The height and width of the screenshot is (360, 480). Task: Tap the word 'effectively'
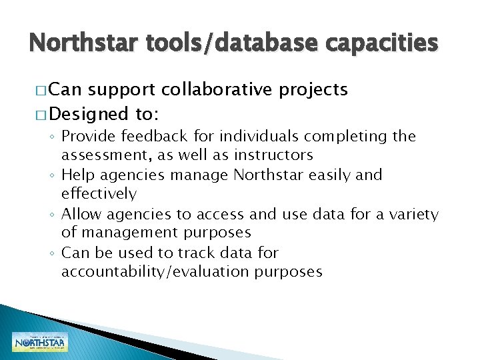[x=99, y=194]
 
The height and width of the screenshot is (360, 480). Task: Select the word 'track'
[x=211, y=253]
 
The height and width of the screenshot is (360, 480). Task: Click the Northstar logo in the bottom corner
[x=40, y=341]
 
